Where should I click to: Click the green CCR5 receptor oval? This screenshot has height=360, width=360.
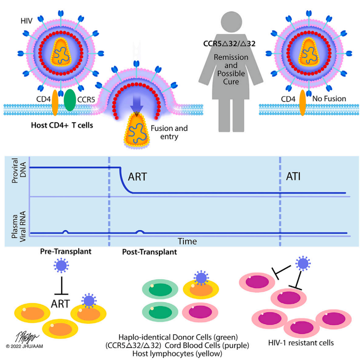[70, 100]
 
